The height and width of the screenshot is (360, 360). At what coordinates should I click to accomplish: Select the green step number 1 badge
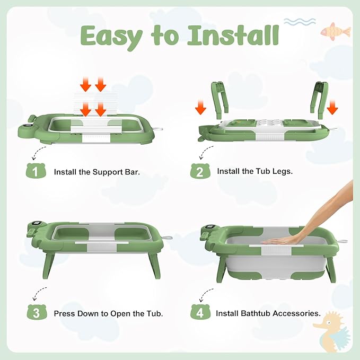(35, 172)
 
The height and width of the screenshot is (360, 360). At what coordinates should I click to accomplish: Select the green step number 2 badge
(199, 172)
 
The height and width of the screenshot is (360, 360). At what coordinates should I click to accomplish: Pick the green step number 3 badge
(35, 313)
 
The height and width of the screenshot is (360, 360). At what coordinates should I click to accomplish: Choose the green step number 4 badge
(199, 313)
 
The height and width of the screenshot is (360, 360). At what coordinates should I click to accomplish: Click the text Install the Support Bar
(97, 172)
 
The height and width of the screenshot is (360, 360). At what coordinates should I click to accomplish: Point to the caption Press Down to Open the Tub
(108, 313)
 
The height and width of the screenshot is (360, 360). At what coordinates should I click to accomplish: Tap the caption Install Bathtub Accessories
(268, 313)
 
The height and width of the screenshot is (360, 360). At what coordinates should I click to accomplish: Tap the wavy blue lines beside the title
(300, 22)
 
